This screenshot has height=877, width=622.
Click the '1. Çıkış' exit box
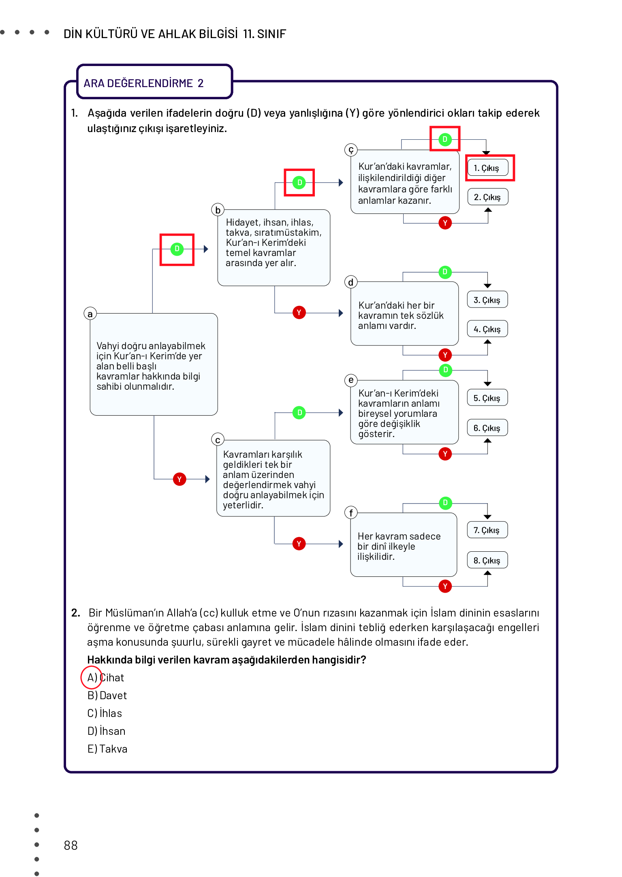tap(487, 168)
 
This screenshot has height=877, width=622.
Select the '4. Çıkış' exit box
tap(487, 329)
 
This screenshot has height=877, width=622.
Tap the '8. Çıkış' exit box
tap(487, 560)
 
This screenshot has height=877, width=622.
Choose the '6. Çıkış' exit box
tap(487, 428)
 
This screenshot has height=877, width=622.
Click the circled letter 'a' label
tap(90, 314)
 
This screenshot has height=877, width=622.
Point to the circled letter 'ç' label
tap(351, 150)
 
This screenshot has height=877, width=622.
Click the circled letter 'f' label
tap(351, 513)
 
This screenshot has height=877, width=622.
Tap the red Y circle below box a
tap(180, 479)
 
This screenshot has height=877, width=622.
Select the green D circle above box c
tap(299, 412)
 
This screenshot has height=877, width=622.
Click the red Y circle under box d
tap(445, 355)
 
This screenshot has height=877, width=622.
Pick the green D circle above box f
tap(445, 503)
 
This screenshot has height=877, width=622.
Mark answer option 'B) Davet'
tap(107, 696)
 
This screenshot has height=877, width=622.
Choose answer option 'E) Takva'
tap(107, 749)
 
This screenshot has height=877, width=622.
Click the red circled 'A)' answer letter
tap(92, 677)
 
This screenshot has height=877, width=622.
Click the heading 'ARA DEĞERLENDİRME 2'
tap(143, 83)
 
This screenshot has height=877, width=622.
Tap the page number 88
tap(71, 845)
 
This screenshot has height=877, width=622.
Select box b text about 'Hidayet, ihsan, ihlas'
tap(274, 243)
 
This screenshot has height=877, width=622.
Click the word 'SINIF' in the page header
tap(271, 34)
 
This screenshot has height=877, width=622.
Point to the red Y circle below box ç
tap(445, 223)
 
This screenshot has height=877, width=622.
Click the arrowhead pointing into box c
tap(207, 479)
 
